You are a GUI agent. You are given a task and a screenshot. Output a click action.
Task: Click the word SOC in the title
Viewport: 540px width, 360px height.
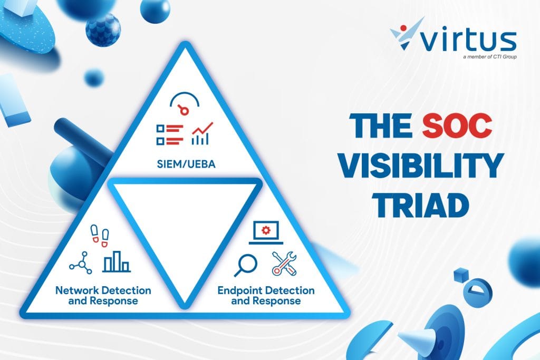457,125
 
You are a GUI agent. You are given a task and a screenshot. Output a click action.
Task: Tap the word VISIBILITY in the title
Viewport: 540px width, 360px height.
420,166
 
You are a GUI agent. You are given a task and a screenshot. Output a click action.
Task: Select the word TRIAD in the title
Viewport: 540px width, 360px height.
421,206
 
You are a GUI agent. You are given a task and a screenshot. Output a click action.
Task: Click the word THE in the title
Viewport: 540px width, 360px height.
381,125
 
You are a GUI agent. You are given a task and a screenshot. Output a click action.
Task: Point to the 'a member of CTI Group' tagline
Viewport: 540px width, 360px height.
490,57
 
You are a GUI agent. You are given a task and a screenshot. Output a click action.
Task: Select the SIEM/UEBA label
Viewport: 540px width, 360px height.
186,164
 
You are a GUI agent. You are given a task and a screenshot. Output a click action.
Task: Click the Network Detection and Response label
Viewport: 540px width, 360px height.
103,296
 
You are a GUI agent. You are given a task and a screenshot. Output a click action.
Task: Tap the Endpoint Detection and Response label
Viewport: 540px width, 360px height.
266,296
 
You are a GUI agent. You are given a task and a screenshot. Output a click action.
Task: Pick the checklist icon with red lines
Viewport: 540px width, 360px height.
169,134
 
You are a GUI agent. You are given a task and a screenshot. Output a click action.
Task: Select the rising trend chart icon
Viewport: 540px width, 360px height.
202,133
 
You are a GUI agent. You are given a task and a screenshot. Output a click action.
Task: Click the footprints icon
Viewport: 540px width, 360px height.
100,236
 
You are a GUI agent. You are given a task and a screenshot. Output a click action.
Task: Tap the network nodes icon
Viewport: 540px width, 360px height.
81,262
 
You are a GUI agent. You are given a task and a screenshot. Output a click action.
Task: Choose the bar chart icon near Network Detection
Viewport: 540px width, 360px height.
117,262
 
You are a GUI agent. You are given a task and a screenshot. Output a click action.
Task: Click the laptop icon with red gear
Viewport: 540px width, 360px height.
266,232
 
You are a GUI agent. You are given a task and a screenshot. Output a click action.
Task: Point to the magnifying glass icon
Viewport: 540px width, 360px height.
246,265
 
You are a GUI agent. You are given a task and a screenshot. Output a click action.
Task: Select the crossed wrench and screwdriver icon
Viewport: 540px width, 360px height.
284,264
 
